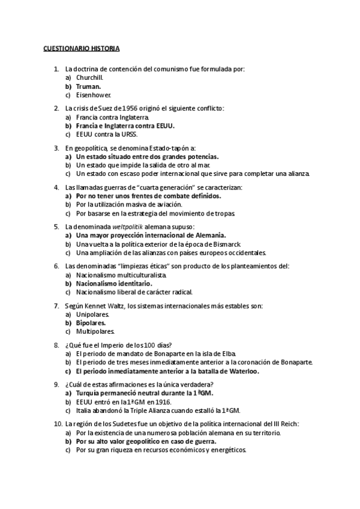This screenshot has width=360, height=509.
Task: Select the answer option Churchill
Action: (90, 77)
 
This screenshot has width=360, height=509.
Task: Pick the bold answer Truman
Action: (88, 86)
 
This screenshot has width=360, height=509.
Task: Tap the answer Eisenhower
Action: (94, 95)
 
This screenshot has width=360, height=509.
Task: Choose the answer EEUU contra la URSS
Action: (103, 134)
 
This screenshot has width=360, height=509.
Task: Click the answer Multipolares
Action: (95, 331)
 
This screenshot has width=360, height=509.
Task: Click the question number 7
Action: (56, 305)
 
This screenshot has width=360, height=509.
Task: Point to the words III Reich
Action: (284, 424)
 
